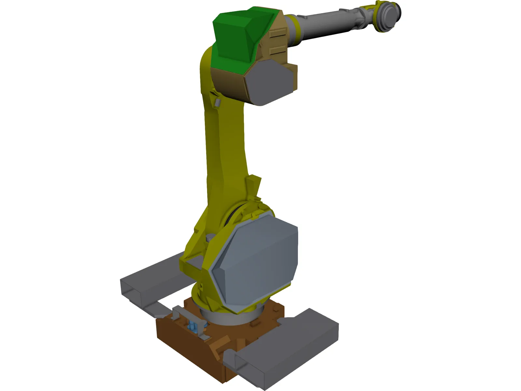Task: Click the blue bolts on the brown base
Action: pyautogui.click(x=193, y=326)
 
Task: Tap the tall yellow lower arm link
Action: pyautogui.click(x=225, y=147)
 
